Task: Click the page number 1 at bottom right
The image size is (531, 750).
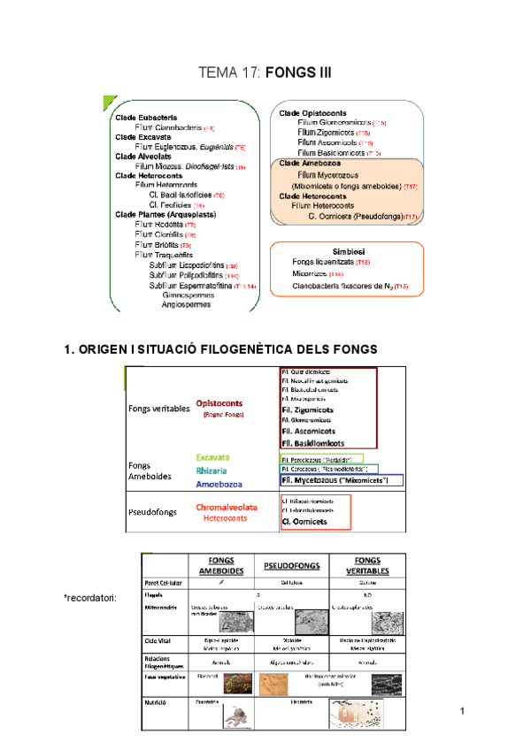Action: click(x=463, y=712)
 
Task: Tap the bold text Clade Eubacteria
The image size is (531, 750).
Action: click(x=146, y=117)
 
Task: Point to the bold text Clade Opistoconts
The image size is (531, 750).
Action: click(x=314, y=113)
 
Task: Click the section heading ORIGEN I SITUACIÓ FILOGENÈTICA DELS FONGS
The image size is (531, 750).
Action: click(x=221, y=349)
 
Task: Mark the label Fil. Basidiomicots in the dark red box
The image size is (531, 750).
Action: click(x=313, y=443)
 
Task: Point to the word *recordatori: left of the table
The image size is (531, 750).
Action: click(x=90, y=599)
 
